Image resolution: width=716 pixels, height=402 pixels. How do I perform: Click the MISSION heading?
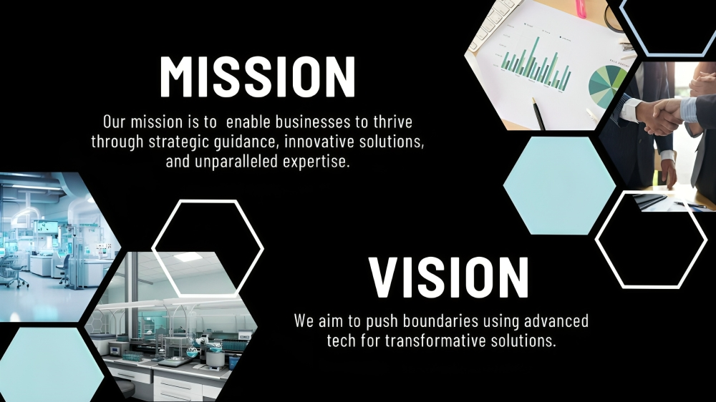pyautogui.click(x=258, y=77)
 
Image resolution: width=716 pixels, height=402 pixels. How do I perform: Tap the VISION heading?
pyautogui.click(x=448, y=278)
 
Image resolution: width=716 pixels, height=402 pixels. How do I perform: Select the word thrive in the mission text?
pyautogui.click(x=392, y=122)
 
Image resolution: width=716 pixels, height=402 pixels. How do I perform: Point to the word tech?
pyautogui.click(x=341, y=341)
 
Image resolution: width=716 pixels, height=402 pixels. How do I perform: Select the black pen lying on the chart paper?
pyautogui.click(x=538, y=113)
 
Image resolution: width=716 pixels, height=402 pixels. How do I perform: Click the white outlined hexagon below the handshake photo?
pyautogui.click(x=652, y=240)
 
